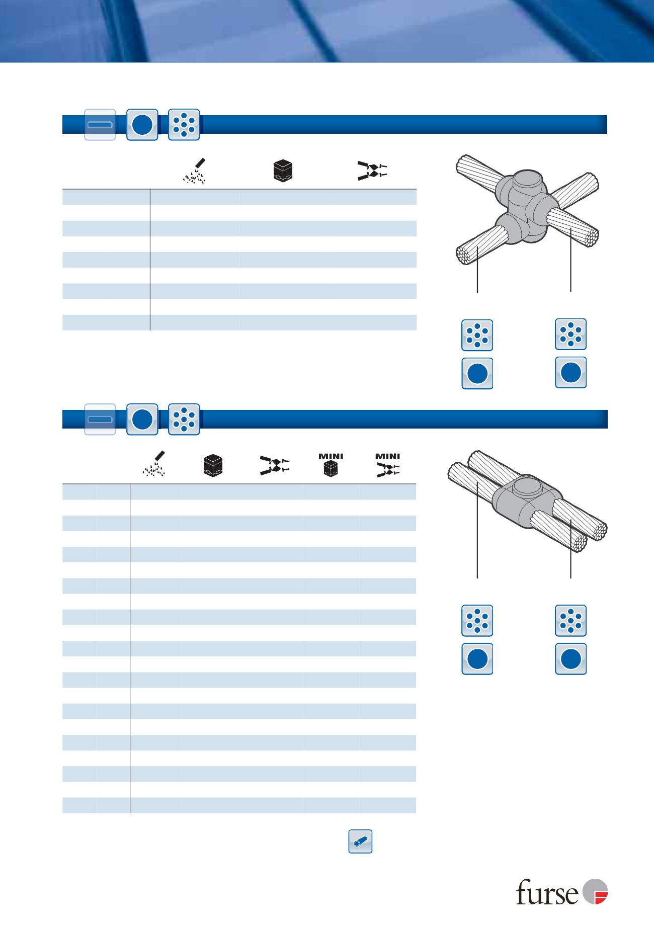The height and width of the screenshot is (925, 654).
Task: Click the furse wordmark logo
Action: tap(547, 892)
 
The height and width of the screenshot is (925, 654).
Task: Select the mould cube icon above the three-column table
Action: tap(283, 171)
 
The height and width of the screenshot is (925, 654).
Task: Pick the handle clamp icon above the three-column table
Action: tap(372, 171)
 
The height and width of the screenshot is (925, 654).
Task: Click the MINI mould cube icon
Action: tap(331, 465)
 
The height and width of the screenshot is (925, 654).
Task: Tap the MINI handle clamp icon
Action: tap(387, 465)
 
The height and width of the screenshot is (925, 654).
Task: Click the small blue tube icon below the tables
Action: tap(360, 842)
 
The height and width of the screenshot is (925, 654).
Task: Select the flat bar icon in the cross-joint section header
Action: tap(100, 124)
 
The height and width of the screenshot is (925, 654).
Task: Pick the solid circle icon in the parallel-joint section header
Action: tap(142, 419)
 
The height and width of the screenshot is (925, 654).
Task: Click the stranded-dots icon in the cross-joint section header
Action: tap(184, 124)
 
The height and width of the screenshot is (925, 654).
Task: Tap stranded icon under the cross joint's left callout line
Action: tap(477, 335)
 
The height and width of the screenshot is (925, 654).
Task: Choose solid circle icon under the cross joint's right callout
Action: tap(570, 372)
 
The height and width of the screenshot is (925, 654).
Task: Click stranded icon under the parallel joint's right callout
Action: tap(570, 621)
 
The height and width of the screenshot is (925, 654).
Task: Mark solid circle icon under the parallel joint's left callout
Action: tap(477, 658)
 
